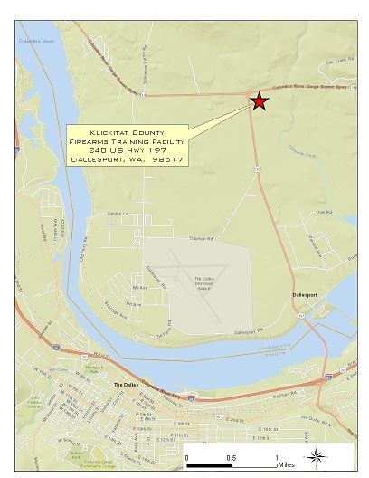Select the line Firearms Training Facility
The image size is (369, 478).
click(x=127, y=141)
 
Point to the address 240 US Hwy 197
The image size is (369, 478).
click(x=127, y=150)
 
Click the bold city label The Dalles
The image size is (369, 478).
click(x=125, y=384)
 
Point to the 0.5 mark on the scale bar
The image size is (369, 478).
click(x=231, y=457)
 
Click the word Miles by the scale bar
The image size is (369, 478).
click(x=287, y=464)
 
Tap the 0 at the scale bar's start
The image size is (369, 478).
click(x=186, y=457)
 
